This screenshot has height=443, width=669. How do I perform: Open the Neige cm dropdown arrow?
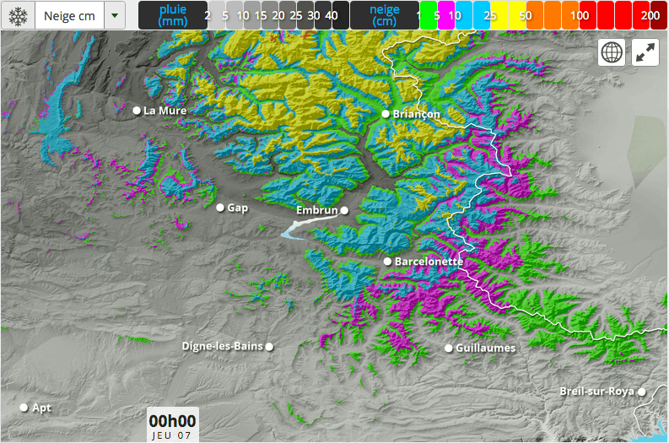tap(116, 15)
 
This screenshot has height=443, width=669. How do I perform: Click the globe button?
tap(612, 52)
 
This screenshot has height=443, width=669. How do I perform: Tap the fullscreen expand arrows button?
tap(645, 52)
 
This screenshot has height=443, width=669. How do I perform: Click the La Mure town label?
tap(165, 111)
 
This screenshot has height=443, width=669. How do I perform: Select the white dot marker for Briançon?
tap(386, 114)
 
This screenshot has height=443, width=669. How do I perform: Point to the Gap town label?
tap(238, 208)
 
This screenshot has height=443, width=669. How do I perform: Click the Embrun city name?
tap(317, 210)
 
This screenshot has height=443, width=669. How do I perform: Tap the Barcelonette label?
tap(429, 262)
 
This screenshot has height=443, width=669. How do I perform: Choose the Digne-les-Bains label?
tap(223, 346)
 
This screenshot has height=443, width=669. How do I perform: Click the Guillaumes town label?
tap(485, 348)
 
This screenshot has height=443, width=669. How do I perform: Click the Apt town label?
tap(41, 408)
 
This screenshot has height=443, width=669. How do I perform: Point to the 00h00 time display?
tap(172, 421)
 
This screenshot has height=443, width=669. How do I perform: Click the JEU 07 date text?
tap(172, 435)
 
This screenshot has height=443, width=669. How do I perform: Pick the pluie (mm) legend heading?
tap(172, 15)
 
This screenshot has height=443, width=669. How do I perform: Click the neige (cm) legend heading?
tap(385, 15)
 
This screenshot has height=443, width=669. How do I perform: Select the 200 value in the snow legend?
tap(650, 15)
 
